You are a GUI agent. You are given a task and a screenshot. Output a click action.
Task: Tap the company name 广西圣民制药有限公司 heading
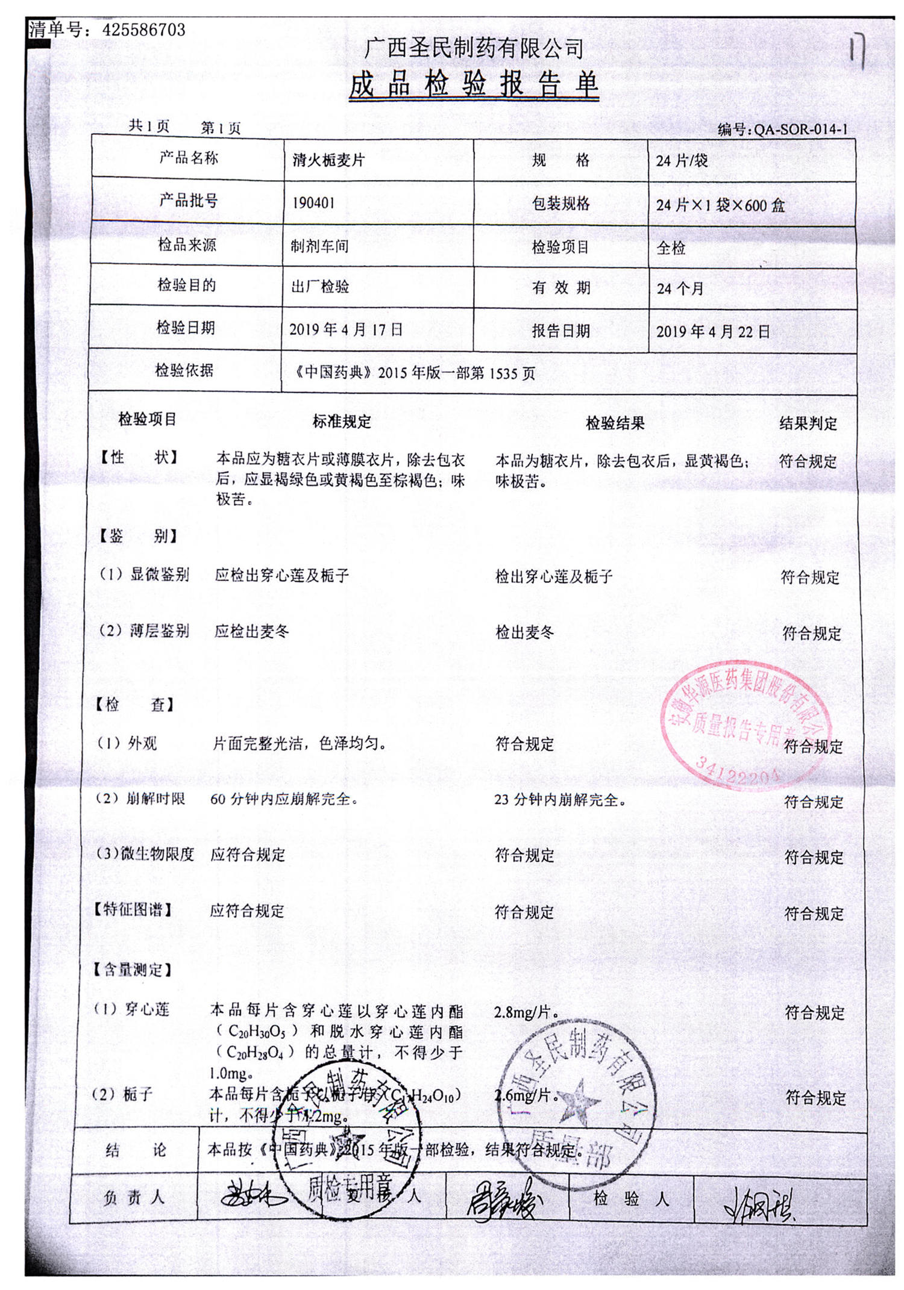474,48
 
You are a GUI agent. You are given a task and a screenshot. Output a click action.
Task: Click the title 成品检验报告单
474,84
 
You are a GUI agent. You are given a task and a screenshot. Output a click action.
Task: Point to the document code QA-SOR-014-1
800,129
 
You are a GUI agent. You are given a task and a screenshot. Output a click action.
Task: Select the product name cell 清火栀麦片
328,160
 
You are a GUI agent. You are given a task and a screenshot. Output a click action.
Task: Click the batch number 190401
313,203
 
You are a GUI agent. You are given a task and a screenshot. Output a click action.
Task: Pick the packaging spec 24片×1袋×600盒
720,205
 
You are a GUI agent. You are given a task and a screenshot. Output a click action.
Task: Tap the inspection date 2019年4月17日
346,329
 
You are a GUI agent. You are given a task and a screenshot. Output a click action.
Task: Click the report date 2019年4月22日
713,331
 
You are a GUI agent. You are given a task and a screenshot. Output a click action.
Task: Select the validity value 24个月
680,288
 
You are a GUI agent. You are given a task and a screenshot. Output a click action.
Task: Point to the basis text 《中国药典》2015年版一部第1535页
415,373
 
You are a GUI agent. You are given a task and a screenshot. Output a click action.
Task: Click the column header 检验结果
615,423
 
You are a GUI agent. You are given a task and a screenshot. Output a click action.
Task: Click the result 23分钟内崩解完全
560,800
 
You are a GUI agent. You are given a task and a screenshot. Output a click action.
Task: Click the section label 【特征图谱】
133,909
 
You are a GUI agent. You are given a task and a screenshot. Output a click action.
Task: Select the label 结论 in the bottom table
136,1150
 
